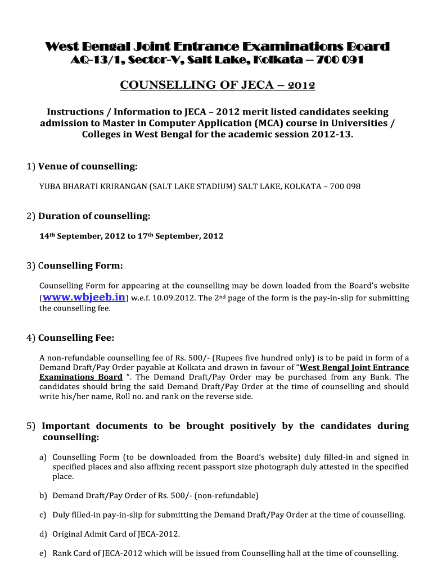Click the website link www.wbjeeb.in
pyautogui.click(x=84, y=297)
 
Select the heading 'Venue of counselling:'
pyautogui.click(x=88, y=167)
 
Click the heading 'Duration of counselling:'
pyautogui.click(x=94, y=216)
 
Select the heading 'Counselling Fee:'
pyautogui.click(x=76, y=338)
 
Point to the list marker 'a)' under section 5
pyautogui.click(x=43, y=458)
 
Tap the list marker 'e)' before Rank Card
pyautogui.click(x=43, y=553)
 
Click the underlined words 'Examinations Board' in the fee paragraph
pyautogui.click(x=80, y=377)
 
